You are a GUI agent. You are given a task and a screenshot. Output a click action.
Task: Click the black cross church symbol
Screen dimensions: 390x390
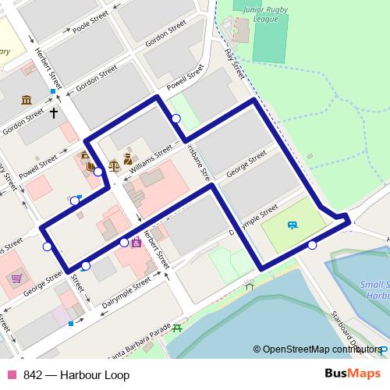(54, 113)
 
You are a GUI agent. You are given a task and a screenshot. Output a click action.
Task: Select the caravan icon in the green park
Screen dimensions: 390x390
(292, 225)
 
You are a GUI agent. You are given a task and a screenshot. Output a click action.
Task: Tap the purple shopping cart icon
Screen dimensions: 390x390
(16, 278)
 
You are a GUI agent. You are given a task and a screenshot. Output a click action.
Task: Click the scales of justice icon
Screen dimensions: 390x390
(115, 165)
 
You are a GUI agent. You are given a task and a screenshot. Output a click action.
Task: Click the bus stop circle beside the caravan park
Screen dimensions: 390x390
(312, 245)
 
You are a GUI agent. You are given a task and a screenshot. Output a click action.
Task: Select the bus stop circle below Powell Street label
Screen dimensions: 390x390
(176, 119)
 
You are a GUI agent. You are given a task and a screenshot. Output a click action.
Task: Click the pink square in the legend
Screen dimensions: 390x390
(12, 375)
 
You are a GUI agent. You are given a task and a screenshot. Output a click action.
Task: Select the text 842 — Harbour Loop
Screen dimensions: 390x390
(76, 375)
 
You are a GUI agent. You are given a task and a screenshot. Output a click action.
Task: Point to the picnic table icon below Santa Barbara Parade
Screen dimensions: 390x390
(178, 328)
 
